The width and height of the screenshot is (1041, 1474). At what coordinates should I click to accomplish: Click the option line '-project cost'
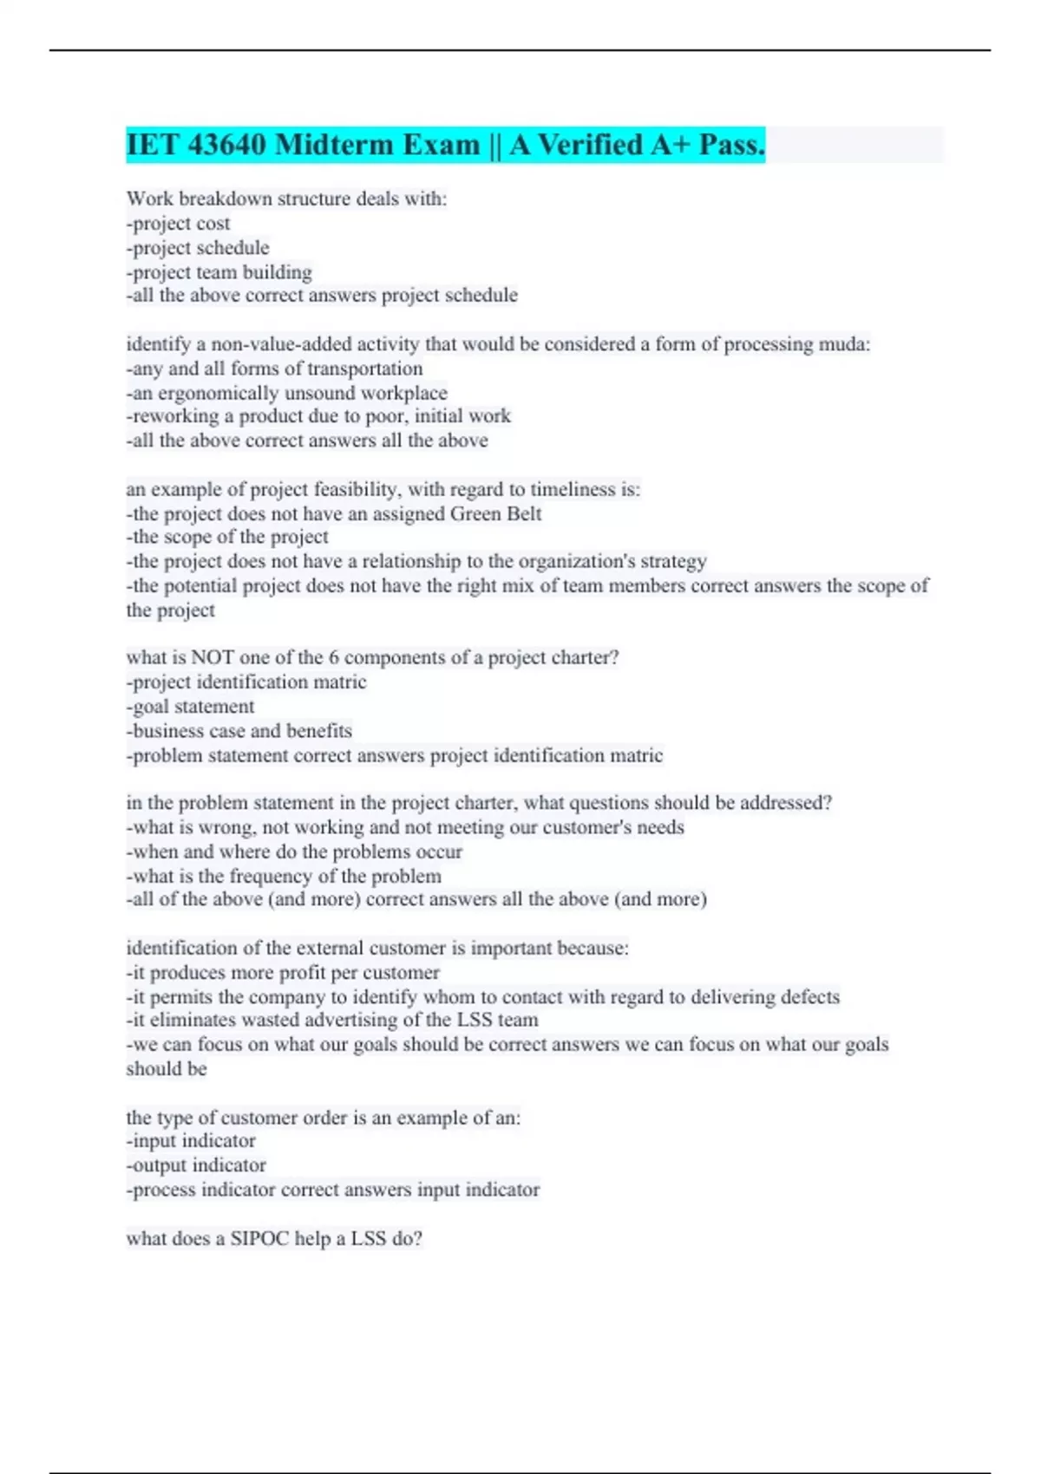point(179,224)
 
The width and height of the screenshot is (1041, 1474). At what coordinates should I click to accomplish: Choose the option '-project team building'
point(219,272)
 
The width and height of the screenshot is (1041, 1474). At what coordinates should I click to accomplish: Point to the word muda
point(842,344)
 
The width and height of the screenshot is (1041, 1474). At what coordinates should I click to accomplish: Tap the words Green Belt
point(495,514)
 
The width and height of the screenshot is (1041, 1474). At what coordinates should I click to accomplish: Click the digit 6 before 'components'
point(334,657)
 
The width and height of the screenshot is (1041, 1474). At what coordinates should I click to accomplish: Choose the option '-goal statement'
point(191,707)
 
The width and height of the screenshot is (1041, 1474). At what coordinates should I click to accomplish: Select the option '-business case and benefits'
point(239,731)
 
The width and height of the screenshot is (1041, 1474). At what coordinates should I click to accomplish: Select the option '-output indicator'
point(197,1165)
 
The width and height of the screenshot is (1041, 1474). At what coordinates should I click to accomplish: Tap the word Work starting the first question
point(150,199)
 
